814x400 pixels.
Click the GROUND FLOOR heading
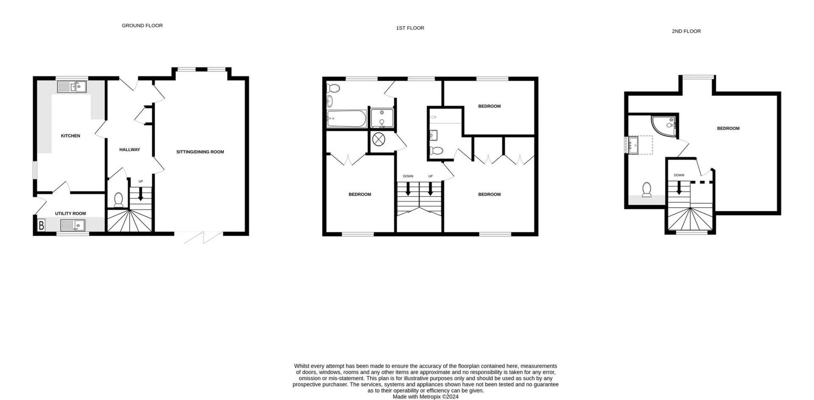[142, 25]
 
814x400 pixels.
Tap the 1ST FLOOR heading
[410, 28]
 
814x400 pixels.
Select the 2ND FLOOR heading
[686, 31]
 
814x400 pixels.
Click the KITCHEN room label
[70, 136]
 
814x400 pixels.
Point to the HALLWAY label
[129, 150]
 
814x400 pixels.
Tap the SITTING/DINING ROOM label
[200, 152]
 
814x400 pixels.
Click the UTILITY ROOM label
[70, 214]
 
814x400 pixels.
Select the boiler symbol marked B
[41, 225]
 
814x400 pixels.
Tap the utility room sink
[73, 225]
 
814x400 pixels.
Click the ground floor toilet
[118, 200]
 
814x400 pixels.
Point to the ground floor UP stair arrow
[141, 193]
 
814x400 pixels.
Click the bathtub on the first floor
[346, 119]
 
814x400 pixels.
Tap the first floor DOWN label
[408, 176]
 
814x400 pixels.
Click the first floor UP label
[430, 176]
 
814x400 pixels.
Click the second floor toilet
[647, 190]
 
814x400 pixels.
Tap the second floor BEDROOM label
[728, 129]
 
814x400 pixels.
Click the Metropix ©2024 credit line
[426, 397]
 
